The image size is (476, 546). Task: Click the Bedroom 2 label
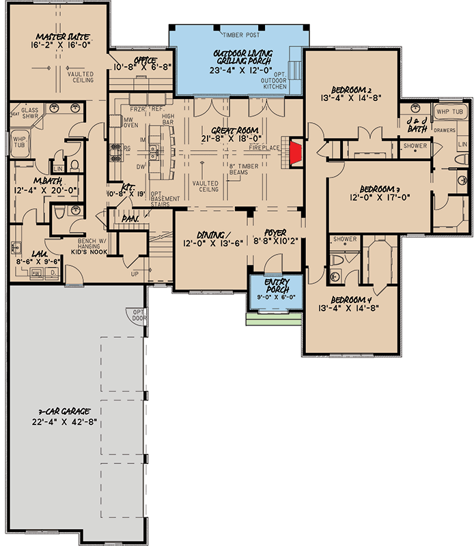pos(350,89)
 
